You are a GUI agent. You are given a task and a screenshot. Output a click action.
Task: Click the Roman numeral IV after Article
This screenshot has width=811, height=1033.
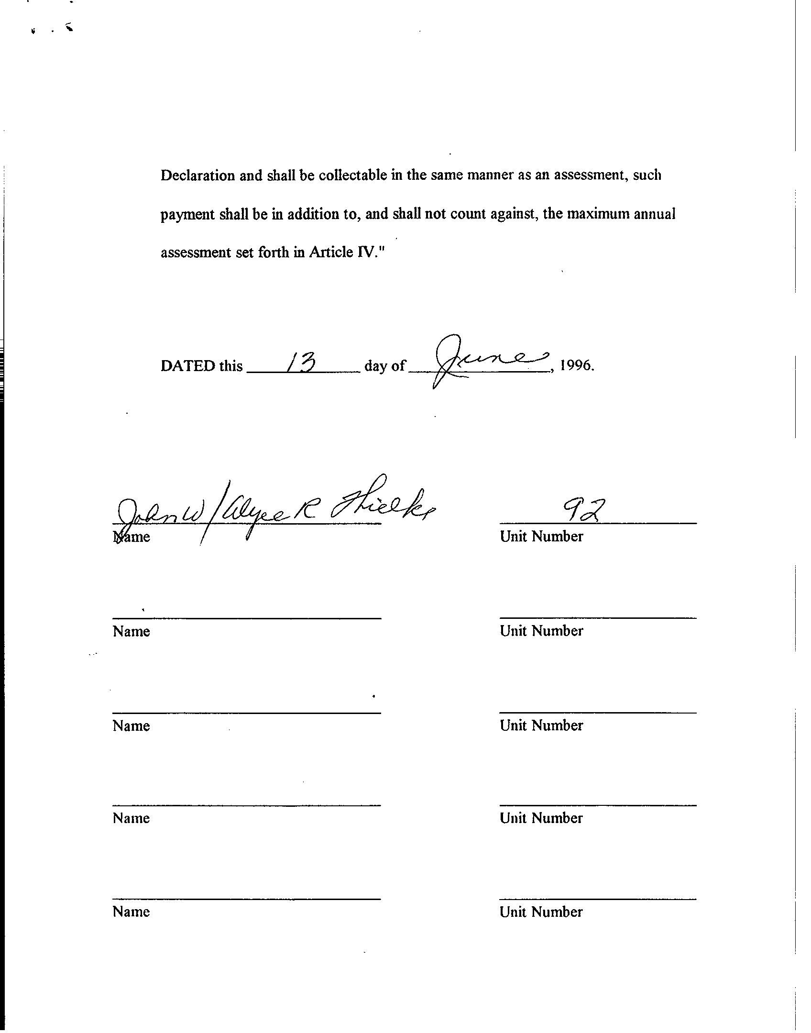pyautogui.click(x=366, y=252)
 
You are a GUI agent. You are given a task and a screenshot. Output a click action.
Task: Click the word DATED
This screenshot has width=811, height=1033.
pyautogui.click(x=188, y=366)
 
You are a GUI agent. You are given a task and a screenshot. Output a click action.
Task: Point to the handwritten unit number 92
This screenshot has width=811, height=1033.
pyautogui.click(x=583, y=511)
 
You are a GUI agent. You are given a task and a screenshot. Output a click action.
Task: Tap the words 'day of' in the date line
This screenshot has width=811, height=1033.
pyautogui.click(x=384, y=366)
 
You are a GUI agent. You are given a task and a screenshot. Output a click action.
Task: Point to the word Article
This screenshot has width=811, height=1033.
pyautogui.click(x=331, y=252)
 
